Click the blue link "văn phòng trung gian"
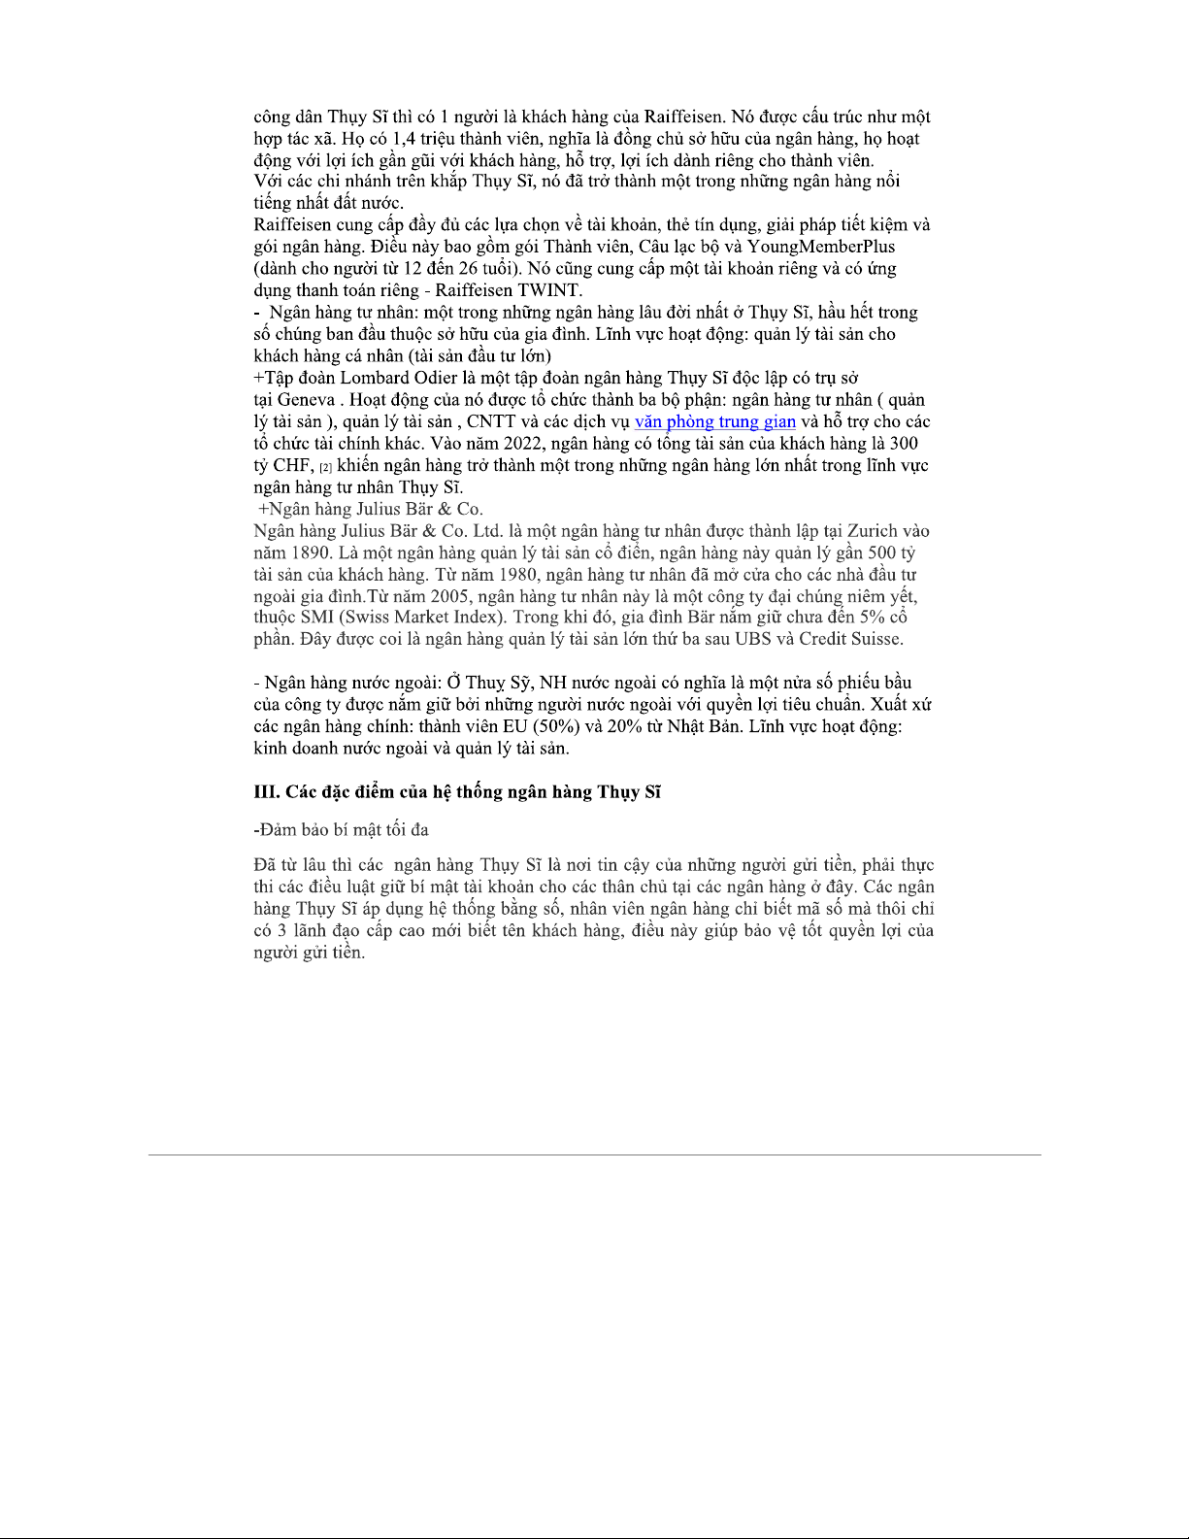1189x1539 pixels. click(714, 421)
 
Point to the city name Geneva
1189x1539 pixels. click(307, 400)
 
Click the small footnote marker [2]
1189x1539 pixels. click(325, 467)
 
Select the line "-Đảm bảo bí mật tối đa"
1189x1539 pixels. click(341, 830)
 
